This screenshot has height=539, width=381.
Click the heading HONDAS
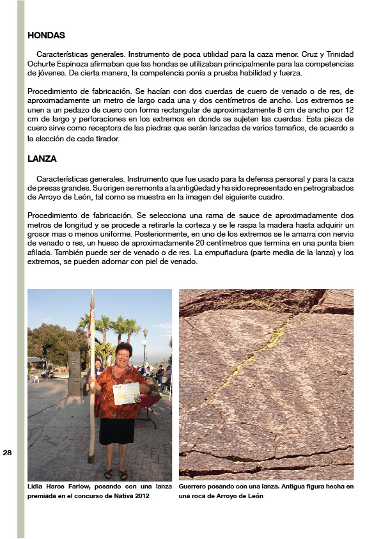pyautogui.click(x=46, y=36)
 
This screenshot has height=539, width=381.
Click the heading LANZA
pyautogui.click(x=42, y=159)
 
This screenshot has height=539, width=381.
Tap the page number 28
pyautogui.click(x=8, y=452)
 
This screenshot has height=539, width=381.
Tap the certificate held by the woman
pyautogui.click(x=127, y=393)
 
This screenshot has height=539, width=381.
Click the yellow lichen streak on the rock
pyautogui.click(x=249, y=358)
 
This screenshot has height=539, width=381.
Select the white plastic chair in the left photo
pyautogui.click(x=36, y=378)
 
